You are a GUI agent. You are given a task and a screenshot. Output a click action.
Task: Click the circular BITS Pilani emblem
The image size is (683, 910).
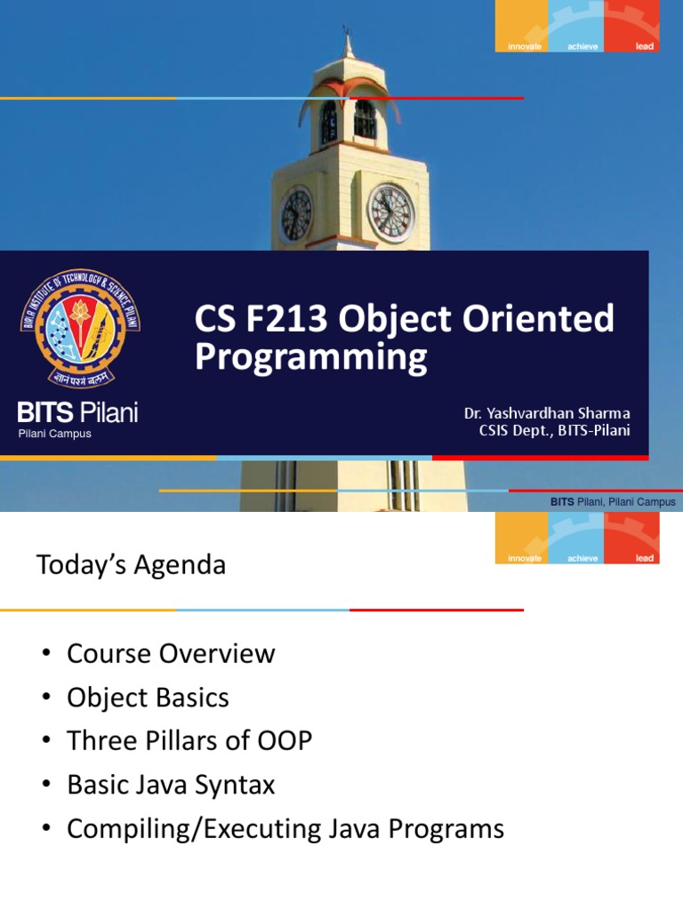[81, 330]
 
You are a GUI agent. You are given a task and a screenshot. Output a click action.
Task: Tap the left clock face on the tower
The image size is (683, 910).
[297, 216]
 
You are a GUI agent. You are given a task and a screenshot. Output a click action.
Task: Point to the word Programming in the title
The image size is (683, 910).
[310, 357]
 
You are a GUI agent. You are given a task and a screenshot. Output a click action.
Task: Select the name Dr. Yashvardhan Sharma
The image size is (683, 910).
[547, 413]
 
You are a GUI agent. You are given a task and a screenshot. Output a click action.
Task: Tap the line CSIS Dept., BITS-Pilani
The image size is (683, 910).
[555, 432]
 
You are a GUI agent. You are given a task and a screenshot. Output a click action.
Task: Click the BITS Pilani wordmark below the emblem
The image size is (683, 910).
[78, 412]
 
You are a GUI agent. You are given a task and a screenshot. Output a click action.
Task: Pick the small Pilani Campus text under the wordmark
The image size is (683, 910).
[55, 434]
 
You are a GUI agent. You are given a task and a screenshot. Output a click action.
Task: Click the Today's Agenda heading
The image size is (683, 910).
[131, 565]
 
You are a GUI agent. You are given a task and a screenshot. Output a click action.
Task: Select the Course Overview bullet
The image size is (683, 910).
[171, 654]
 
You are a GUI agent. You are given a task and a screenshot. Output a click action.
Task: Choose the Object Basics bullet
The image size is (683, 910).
[148, 698]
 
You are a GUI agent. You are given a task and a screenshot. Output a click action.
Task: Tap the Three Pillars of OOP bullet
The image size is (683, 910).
[189, 741]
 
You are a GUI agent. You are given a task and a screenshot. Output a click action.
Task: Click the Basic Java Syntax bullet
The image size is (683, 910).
[171, 785]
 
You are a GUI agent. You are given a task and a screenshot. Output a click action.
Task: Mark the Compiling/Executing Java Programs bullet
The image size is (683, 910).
[285, 829]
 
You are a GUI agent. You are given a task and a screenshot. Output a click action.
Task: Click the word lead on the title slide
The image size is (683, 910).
[645, 46]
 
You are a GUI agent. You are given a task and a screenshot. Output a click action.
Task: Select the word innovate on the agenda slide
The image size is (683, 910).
[525, 558]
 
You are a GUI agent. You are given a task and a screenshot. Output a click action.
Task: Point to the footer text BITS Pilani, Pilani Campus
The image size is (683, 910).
[613, 502]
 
